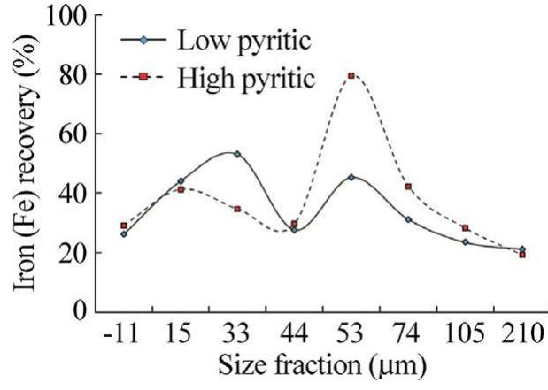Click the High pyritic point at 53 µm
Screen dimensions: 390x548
coord(351,76)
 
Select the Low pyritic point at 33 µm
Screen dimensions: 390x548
coord(237,154)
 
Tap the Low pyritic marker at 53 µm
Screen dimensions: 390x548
coord(351,177)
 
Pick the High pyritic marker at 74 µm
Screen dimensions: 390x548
coord(408,187)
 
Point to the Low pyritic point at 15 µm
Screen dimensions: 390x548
coord(181,181)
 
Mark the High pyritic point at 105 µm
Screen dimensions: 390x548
coord(465,228)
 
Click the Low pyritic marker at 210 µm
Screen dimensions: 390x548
coord(521,249)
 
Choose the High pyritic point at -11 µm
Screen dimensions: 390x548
coord(124,226)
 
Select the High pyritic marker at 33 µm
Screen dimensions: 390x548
coord(237,209)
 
